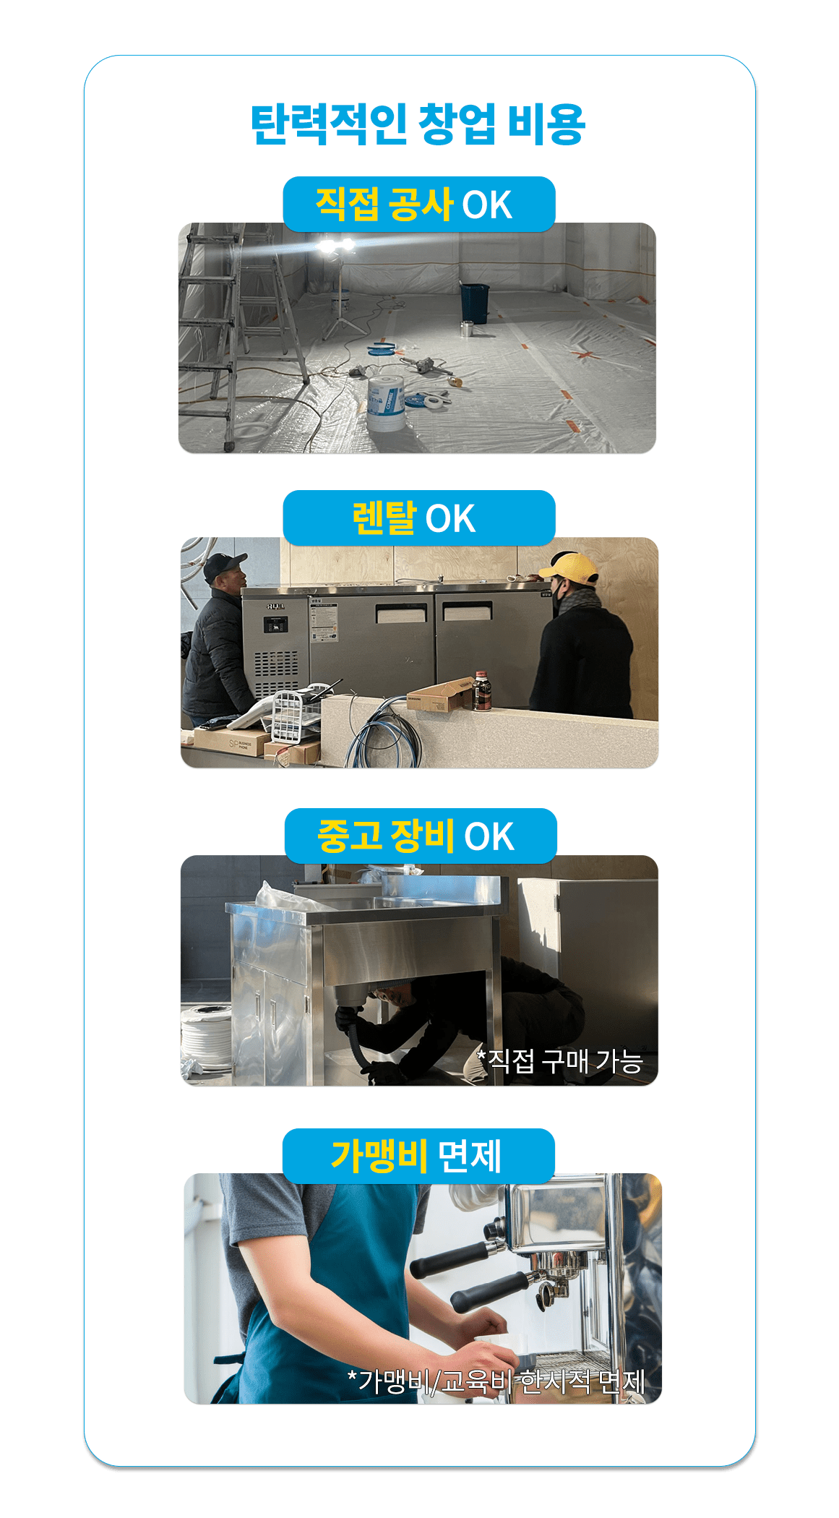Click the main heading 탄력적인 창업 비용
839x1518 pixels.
click(x=418, y=124)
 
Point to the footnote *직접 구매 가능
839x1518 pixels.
click(x=559, y=1061)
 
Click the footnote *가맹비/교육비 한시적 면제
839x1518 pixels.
click(x=496, y=1381)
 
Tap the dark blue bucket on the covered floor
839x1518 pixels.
click(x=475, y=303)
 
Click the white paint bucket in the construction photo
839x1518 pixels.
click(x=385, y=404)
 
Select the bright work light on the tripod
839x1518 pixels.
click(x=337, y=246)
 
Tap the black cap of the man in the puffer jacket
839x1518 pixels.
click(x=224, y=565)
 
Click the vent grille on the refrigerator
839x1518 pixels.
click(x=275, y=673)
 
